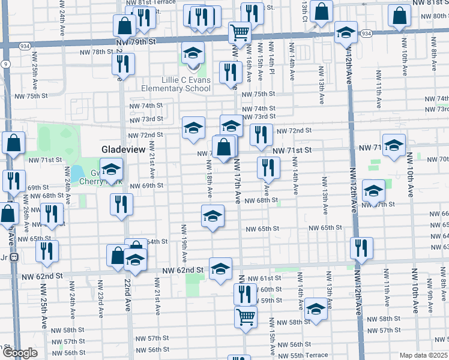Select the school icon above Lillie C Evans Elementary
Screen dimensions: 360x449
click(x=193, y=53)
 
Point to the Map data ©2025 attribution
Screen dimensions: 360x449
click(x=423, y=355)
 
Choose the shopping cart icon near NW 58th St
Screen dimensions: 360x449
click(x=246, y=316)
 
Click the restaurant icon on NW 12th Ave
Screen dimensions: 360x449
click(x=361, y=248)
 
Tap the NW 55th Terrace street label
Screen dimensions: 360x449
click(x=308, y=355)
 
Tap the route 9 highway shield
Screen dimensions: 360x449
click(x=5, y=63)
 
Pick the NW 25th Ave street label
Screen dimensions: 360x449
click(x=43, y=312)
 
